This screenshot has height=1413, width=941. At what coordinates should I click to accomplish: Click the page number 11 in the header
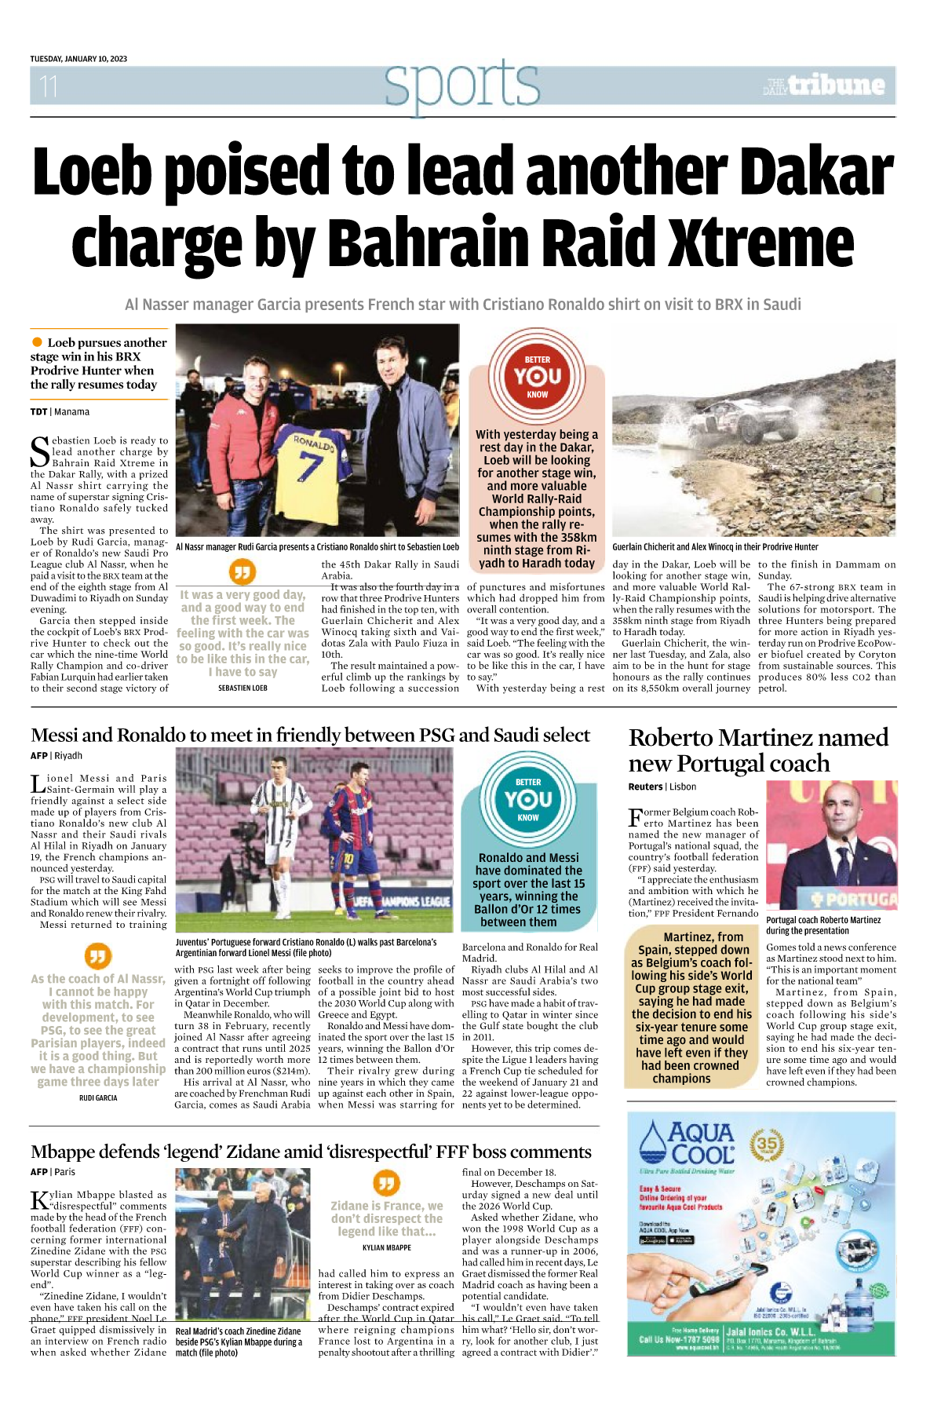click(49, 86)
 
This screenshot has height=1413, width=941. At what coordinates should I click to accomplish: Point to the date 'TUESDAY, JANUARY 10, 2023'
click(78, 59)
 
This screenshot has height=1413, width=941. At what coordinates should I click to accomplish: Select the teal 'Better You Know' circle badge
click(528, 798)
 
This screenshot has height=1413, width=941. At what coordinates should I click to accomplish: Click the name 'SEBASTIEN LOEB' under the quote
click(243, 688)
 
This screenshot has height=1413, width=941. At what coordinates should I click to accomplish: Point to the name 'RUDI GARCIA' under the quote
click(98, 1097)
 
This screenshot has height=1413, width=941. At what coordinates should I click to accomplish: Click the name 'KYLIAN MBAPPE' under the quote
click(386, 1247)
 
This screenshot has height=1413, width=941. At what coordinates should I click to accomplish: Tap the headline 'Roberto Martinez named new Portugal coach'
click(758, 750)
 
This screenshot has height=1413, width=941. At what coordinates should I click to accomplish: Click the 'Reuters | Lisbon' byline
click(662, 787)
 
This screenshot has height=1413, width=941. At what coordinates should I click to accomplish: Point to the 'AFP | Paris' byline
click(53, 1171)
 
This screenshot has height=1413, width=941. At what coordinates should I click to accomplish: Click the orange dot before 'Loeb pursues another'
click(37, 342)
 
